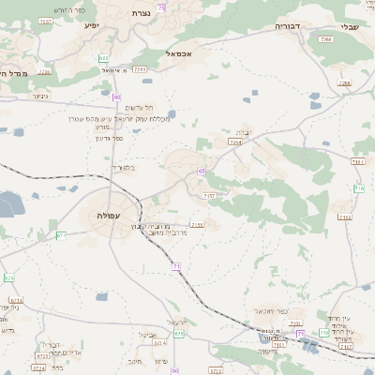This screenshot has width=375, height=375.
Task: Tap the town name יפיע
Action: pos(91,23)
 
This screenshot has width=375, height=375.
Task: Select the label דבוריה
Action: pos(287,26)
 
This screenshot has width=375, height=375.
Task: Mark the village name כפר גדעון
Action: pos(109,138)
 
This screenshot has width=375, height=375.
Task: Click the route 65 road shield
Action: pos(202,171)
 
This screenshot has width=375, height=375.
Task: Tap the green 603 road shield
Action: pos(102,58)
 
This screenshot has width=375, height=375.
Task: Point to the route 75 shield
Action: pos(161,7)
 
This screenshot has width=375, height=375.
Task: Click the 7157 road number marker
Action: pos(208,195)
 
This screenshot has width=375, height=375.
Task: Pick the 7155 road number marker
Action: pos(197,225)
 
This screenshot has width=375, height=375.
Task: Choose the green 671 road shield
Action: pos(61,234)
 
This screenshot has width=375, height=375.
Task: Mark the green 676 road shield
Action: pos(9,277)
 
